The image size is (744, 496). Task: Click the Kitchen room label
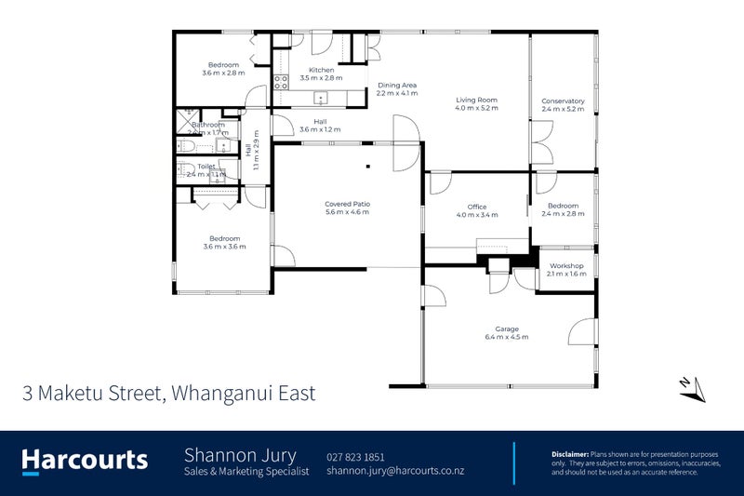tap(321, 70)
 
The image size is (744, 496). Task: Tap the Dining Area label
tap(397, 85)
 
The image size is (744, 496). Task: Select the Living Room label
tap(476, 100)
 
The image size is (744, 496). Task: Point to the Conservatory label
tap(563, 101)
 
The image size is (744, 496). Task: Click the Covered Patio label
tap(347, 204)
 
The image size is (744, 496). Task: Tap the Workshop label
tap(566, 265)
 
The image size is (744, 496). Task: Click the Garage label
tap(507, 328)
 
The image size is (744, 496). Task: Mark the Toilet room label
tap(206, 167)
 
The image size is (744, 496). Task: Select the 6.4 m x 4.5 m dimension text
tap(507, 337)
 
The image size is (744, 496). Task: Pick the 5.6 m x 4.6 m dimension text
tap(347, 212)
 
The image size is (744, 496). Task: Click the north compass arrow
tap(691, 389)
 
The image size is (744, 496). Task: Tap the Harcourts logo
tap(85, 460)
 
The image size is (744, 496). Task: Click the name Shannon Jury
tap(240, 455)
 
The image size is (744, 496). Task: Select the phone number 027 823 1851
tap(355, 457)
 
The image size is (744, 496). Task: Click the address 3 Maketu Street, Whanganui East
tap(169, 393)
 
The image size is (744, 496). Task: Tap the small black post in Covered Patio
tap(369, 168)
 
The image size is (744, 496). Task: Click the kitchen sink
tap(322, 97)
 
